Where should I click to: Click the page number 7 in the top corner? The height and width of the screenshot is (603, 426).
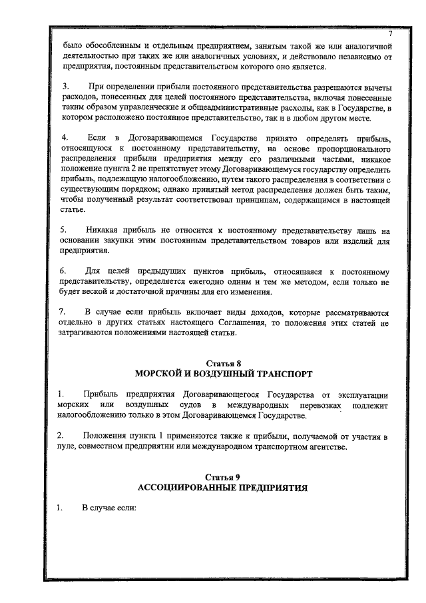pyautogui.click(x=391, y=34)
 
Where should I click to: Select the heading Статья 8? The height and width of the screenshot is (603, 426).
pyautogui.click(x=222, y=363)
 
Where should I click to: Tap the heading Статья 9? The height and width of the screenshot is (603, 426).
pyautogui.click(x=222, y=477)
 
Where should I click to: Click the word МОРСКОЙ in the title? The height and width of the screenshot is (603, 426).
pyautogui.click(x=162, y=374)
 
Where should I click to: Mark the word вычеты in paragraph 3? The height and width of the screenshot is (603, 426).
pyautogui.click(x=375, y=88)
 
